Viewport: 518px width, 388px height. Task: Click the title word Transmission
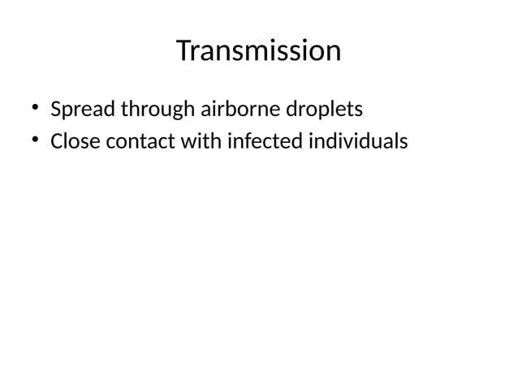tap(258, 52)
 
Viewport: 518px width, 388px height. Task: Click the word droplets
tap(322, 109)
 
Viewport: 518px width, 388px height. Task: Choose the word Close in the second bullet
tap(74, 142)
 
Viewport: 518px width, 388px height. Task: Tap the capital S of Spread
tap(56, 108)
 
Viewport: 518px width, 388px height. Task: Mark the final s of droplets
tap(357, 110)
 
